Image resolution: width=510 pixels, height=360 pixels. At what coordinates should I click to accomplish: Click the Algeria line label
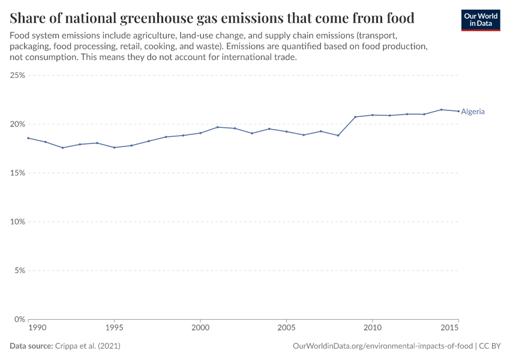(473, 112)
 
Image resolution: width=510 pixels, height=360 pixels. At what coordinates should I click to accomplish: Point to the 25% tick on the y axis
(17, 76)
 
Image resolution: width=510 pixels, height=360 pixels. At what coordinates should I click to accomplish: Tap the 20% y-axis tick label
(17, 124)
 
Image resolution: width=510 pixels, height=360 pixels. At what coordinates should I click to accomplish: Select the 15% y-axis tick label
(17, 173)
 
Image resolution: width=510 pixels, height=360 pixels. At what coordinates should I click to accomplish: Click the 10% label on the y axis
(17, 222)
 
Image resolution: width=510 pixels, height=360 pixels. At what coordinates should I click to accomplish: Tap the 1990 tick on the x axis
(36, 329)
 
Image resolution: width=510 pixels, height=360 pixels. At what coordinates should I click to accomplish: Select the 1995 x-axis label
(114, 329)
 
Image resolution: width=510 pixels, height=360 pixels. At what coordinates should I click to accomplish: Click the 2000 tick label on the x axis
(200, 329)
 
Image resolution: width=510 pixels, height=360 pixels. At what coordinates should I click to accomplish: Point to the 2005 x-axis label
(286, 329)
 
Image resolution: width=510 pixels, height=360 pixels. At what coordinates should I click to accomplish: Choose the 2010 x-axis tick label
(373, 329)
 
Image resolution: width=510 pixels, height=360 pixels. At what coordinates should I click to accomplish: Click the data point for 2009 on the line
(355, 117)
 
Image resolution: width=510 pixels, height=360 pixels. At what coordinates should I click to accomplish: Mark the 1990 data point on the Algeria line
(28, 138)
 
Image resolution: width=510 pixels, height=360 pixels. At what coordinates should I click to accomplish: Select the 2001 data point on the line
(217, 127)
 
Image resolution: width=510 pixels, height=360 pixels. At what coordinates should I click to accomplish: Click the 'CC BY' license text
(491, 346)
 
